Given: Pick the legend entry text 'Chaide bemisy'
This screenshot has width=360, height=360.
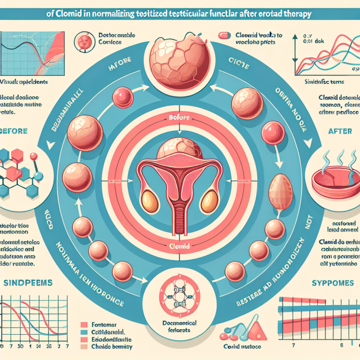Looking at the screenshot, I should pos(112,347).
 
